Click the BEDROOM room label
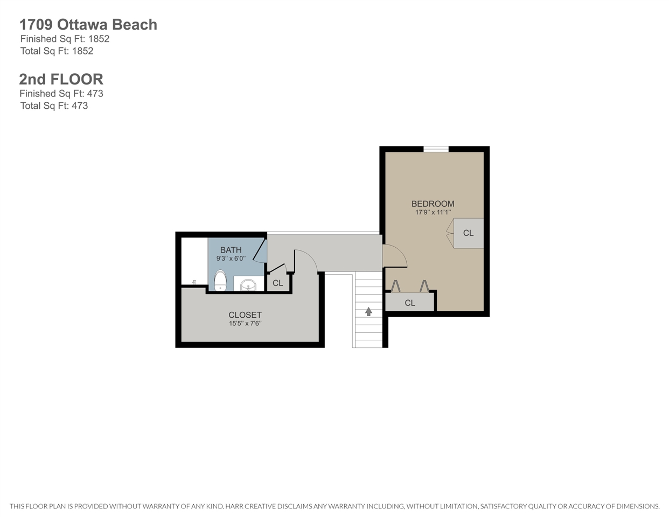pyautogui.click(x=433, y=204)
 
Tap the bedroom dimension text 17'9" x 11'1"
pyautogui.click(x=433, y=212)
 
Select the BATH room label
pyautogui.click(x=231, y=250)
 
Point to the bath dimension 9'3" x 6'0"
pyautogui.click(x=231, y=258)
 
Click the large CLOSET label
pyautogui.click(x=245, y=315)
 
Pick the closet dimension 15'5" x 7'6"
pyautogui.click(x=245, y=324)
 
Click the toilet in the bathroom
pyautogui.click(x=220, y=281)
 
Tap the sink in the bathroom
pyautogui.click(x=248, y=285)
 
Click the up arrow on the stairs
pyautogui.click(x=368, y=312)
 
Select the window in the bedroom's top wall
pyautogui.click(x=436, y=149)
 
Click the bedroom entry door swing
pyautogui.click(x=395, y=256)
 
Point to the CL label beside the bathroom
pyautogui.click(x=278, y=283)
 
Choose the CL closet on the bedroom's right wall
pyautogui.click(x=468, y=233)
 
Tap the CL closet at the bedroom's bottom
pyautogui.click(x=410, y=302)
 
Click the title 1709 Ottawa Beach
pyautogui.click(x=88, y=25)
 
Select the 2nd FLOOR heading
pyautogui.click(x=61, y=79)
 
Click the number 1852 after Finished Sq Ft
pyautogui.click(x=99, y=39)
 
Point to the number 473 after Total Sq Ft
pyautogui.click(x=80, y=106)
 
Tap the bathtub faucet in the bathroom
pyautogui.click(x=194, y=282)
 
